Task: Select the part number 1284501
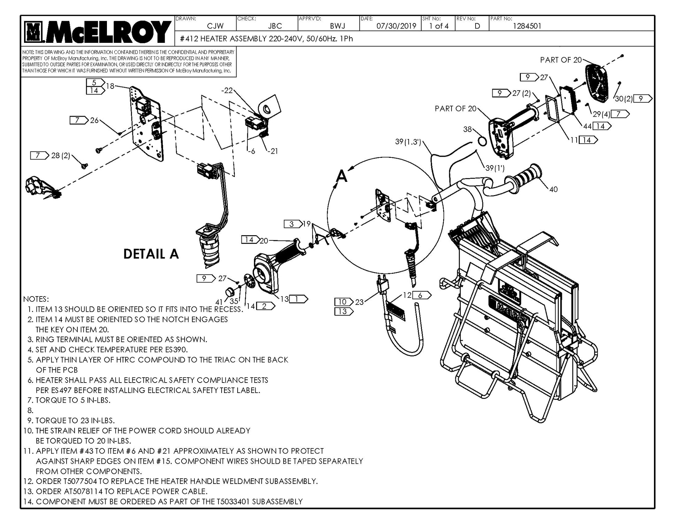[x=527, y=26]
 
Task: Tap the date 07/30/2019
[x=396, y=26]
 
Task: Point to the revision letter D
[x=477, y=26]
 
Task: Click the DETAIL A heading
[x=151, y=254]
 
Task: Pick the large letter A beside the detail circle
[x=342, y=177]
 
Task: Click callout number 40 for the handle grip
[x=553, y=190]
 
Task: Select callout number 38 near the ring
[x=467, y=129]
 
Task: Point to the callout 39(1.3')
[x=408, y=142]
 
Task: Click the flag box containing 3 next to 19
[x=292, y=224]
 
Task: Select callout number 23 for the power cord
[x=359, y=302]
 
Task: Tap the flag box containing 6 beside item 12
[x=421, y=295]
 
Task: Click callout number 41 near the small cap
[x=219, y=302]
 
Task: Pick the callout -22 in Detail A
[x=227, y=91]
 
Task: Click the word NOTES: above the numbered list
[x=36, y=299]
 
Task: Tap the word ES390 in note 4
[x=177, y=349]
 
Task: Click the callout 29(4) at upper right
[x=601, y=114]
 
